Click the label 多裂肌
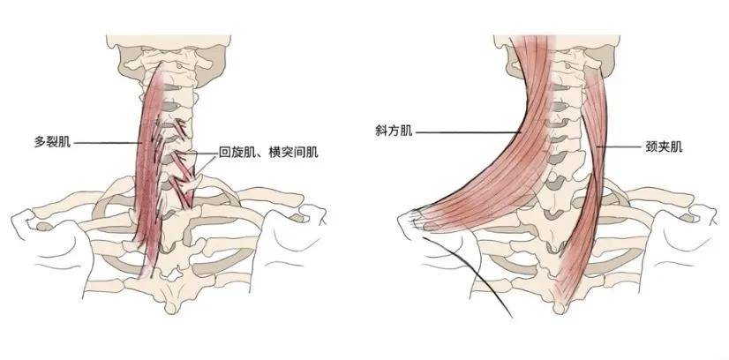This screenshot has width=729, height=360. [x=52, y=141]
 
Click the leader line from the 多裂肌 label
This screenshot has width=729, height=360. [x=106, y=142]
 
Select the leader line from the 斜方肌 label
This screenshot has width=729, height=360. [x=468, y=132]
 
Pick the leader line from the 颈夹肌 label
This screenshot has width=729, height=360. [x=618, y=146]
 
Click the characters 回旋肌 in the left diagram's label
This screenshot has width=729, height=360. [x=232, y=152]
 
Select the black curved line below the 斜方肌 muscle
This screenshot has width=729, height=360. [x=481, y=274]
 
